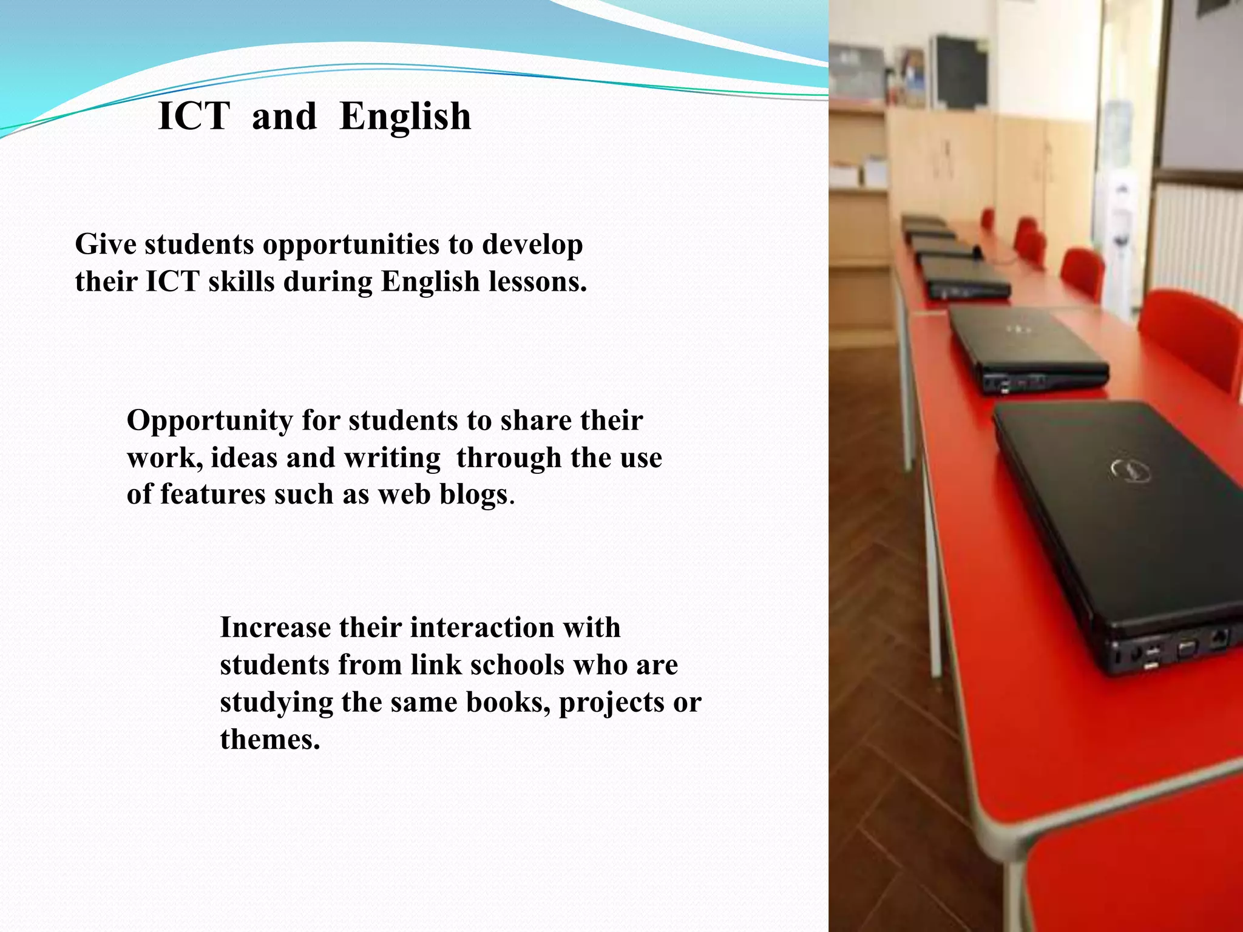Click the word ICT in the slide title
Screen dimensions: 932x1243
click(194, 116)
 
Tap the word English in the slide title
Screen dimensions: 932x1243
click(405, 116)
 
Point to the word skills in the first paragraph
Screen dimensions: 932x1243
click(241, 282)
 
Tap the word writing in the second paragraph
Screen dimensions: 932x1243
click(392, 458)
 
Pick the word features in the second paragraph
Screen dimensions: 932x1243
click(212, 494)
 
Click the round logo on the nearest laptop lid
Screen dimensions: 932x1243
click(1131, 470)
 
